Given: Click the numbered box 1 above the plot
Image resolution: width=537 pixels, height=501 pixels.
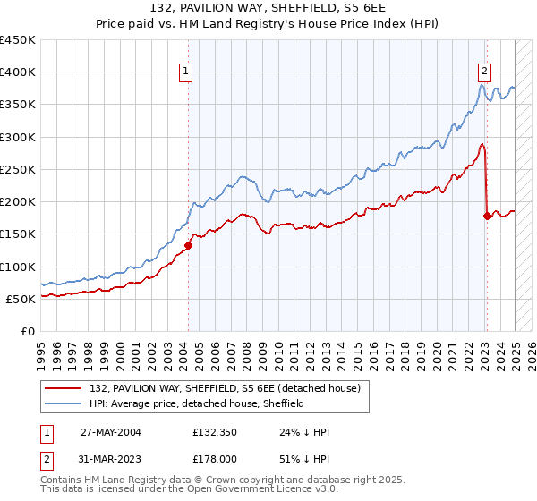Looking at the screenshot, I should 185,72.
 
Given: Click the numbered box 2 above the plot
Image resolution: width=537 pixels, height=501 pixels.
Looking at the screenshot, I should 484,72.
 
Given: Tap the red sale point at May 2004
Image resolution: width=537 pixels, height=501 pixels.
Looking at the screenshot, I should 189,245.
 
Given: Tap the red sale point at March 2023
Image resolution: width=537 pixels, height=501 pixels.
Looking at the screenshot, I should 487,216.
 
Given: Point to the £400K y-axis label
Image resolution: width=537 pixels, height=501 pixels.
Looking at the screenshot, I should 18,72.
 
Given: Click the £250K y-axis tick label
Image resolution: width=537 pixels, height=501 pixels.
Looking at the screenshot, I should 18,169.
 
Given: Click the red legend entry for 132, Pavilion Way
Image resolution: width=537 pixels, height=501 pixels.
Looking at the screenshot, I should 223,388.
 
